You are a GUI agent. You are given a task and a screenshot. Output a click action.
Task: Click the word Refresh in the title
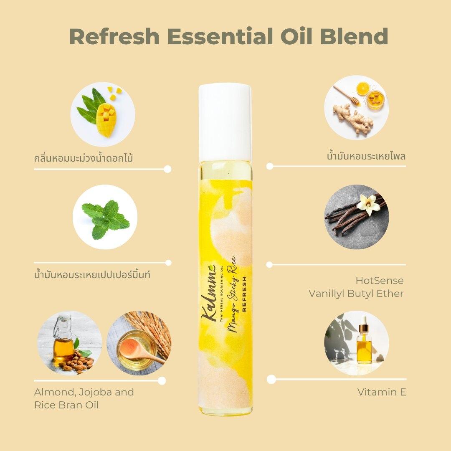tap(114, 36)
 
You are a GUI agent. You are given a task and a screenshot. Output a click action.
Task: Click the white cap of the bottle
tap(225, 123)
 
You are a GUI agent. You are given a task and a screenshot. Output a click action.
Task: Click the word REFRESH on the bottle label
tap(244, 294)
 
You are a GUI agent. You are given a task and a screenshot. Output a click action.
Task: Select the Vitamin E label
tap(381, 392)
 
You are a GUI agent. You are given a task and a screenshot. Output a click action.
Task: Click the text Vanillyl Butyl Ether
tap(356, 294)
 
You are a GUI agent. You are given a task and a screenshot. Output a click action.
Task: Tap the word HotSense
tap(379, 281)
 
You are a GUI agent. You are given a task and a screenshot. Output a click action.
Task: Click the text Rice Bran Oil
tap(66, 405)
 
